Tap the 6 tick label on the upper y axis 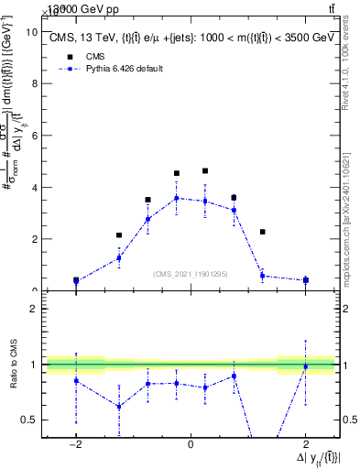coord(34,135)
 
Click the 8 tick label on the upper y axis coord(34,83)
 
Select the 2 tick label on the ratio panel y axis coord(34,309)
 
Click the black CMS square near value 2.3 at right coord(263,232)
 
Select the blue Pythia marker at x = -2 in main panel coord(76,281)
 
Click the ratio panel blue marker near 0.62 coord(119,407)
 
